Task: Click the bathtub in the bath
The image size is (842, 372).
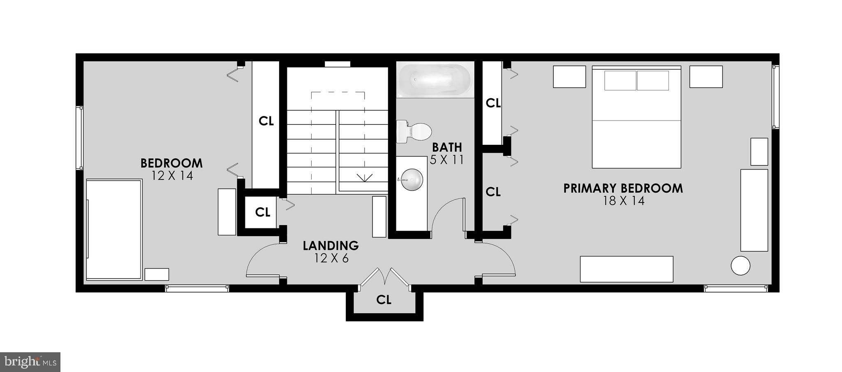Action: point(435,79)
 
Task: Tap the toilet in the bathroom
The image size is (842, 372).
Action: point(414,132)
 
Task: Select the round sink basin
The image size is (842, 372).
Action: point(412,179)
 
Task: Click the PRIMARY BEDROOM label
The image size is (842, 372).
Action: point(623,188)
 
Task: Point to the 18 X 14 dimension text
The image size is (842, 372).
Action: point(623,201)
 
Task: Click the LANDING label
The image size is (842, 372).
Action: point(331,246)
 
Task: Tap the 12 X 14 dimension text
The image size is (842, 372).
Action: point(172,176)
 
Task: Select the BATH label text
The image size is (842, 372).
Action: point(446,147)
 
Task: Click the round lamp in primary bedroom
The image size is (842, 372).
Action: point(740,265)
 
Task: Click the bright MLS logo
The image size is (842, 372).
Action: point(30,362)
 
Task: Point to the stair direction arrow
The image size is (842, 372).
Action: point(364,178)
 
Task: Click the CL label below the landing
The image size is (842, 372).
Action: point(384,300)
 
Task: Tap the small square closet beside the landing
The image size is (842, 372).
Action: point(261,212)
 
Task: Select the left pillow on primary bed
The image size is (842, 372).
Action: point(620,81)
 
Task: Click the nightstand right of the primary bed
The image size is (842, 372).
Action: point(706,77)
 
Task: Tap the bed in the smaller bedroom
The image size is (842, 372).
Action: point(114,229)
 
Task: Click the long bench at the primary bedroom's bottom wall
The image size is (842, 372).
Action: point(626,269)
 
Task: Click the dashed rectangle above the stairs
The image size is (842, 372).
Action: point(338,101)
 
